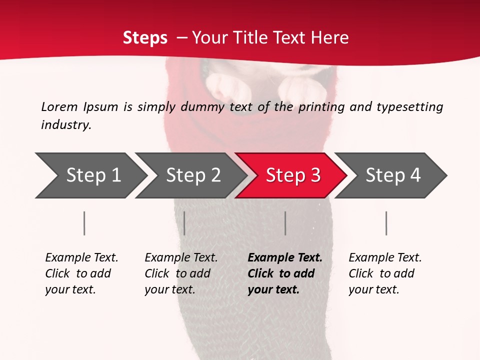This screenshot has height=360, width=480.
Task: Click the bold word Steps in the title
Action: tap(145, 38)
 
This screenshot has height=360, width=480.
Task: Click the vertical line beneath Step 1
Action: tap(84, 223)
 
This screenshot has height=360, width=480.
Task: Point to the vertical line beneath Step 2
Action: tap(184, 223)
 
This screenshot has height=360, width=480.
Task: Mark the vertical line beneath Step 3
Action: tap(285, 223)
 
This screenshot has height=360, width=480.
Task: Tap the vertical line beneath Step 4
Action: tap(386, 223)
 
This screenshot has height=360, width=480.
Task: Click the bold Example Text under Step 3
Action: tap(285, 273)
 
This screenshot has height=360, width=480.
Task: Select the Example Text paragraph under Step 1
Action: tap(81, 273)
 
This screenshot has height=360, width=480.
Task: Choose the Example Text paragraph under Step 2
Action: tap(181, 273)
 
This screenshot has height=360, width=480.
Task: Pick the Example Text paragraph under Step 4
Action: tap(385, 273)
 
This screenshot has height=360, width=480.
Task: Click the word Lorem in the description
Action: tap(59, 107)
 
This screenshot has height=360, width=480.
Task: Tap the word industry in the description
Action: tap(66, 125)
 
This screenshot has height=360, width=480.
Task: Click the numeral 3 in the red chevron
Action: tap(315, 175)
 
